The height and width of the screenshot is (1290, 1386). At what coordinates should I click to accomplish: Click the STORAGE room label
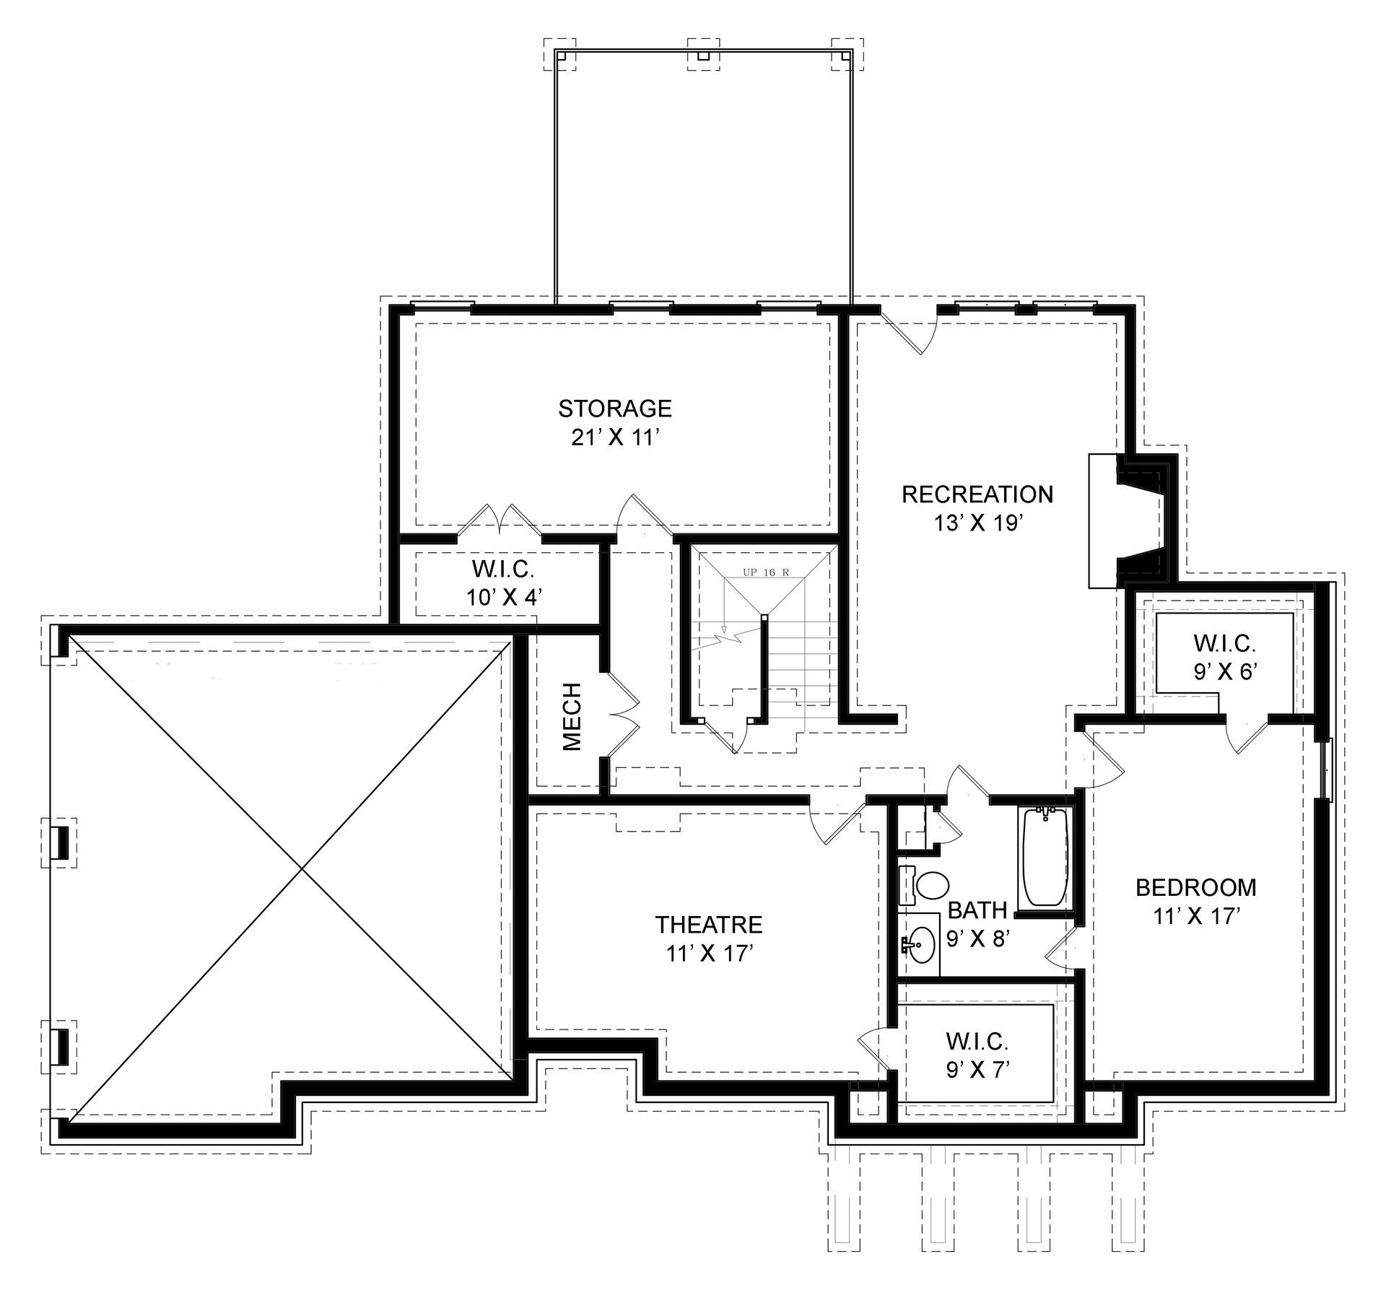[x=615, y=409]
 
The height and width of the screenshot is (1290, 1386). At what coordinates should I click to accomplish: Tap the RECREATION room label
[x=977, y=494]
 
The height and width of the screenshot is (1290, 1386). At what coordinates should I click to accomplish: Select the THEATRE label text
[x=708, y=925]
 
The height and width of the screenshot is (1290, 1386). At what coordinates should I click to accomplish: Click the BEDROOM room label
[x=1195, y=887]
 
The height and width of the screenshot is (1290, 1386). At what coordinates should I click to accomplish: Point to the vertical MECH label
[x=572, y=716]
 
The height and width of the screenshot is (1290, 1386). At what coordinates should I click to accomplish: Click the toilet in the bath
[x=927, y=885]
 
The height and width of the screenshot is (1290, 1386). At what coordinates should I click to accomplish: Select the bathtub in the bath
[x=1045, y=858]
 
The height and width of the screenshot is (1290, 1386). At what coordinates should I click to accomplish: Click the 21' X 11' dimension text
[x=616, y=438]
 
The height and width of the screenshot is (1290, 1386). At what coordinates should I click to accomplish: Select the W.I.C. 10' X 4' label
[x=503, y=583]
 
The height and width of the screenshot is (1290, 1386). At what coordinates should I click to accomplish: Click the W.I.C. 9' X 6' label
[x=1224, y=657]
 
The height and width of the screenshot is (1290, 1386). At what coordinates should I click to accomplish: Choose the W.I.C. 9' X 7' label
[x=977, y=1055]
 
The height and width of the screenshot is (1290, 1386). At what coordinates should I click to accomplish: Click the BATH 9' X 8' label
[x=977, y=924]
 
